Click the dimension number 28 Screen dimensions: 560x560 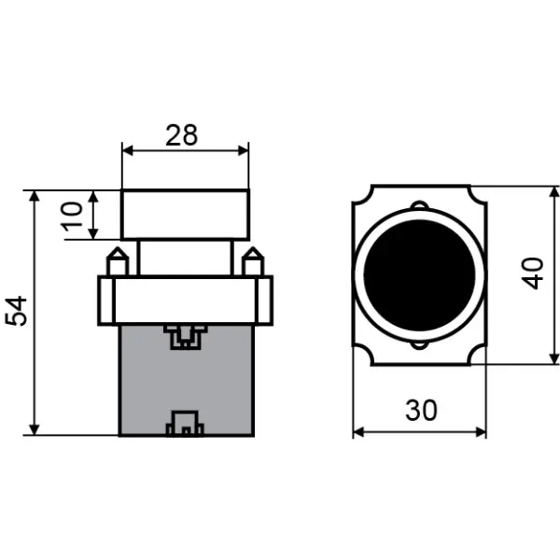coord(182,134)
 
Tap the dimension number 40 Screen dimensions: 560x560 coord(533,273)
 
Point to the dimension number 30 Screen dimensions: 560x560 coord(420,411)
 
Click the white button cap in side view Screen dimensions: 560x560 coord(186,215)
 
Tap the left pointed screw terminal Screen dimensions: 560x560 coord(117,261)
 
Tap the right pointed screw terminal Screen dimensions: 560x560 coord(252,261)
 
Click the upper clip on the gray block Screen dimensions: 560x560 coord(184,335)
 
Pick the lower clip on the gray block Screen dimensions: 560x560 coord(184,425)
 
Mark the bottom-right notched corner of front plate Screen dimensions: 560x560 coord(478,357)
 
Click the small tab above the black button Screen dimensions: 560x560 coord(419,206)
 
